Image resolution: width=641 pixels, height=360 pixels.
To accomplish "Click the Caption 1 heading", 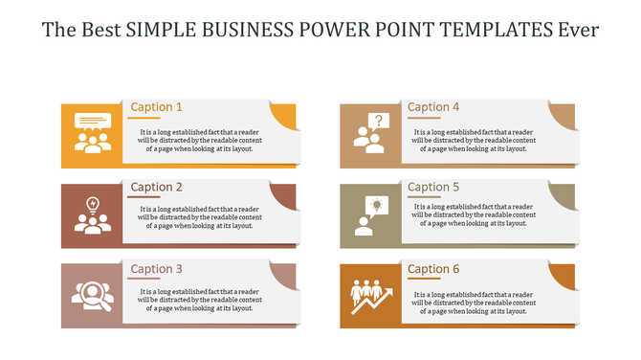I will [x=156, y=107].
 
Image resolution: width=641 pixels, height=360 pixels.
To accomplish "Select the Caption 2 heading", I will [x=156, y=188].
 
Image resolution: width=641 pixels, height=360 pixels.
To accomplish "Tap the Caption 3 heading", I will [x=156, y=269].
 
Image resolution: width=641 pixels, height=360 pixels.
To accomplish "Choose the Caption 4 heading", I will [x=433, y=107].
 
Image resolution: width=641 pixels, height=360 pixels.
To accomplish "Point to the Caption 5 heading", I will [x=433, y=188].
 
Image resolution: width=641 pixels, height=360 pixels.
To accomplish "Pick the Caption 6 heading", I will [x=433, y=269].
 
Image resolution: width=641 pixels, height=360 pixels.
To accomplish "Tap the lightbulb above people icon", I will [x=93, y=214].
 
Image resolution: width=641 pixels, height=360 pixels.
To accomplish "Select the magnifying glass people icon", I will [x=93, y=295].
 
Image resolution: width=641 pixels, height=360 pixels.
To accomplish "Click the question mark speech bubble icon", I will [x=370, y=133].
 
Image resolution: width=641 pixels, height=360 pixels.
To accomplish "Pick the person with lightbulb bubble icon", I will [x=370, y=214].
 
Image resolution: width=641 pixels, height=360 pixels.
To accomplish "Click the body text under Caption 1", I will [x=199, y=141].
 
